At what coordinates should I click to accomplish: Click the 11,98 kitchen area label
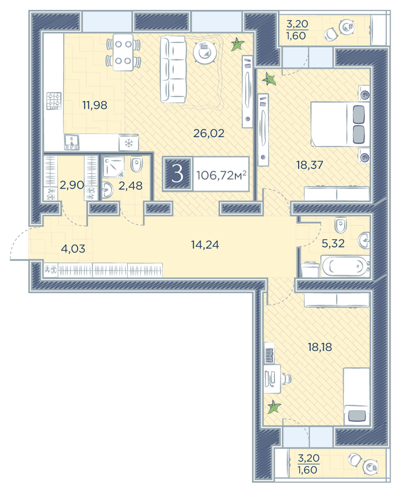coord(95,105)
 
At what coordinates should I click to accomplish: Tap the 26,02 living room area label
coord(209,133)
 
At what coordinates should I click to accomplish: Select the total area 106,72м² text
coord(221,175)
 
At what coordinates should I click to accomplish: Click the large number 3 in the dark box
coord(177,174)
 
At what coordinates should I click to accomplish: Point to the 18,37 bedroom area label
coord(309,165)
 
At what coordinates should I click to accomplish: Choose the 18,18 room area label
coord(320,347)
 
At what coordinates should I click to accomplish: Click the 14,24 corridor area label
coord(205,245)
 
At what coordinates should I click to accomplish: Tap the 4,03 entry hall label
coord(73,248)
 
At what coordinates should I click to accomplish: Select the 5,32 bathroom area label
coord(333,243)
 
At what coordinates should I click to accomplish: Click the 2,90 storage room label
coord(71,185)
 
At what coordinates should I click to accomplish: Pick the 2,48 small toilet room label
coord(131,185)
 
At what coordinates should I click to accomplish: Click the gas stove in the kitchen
coord(54,101)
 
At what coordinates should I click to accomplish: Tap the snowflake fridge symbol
coord(129,143)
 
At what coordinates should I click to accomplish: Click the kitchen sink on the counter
coord(72,142)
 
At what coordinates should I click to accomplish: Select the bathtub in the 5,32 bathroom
coord(345,266)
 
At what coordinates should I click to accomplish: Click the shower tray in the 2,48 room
coord(113,166)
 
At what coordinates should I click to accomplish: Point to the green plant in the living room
coord(237,45)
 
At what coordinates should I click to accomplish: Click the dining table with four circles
coord(123,52)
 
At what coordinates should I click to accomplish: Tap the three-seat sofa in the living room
coord(173,69)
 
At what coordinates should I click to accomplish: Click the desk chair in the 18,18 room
coord(286,378)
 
